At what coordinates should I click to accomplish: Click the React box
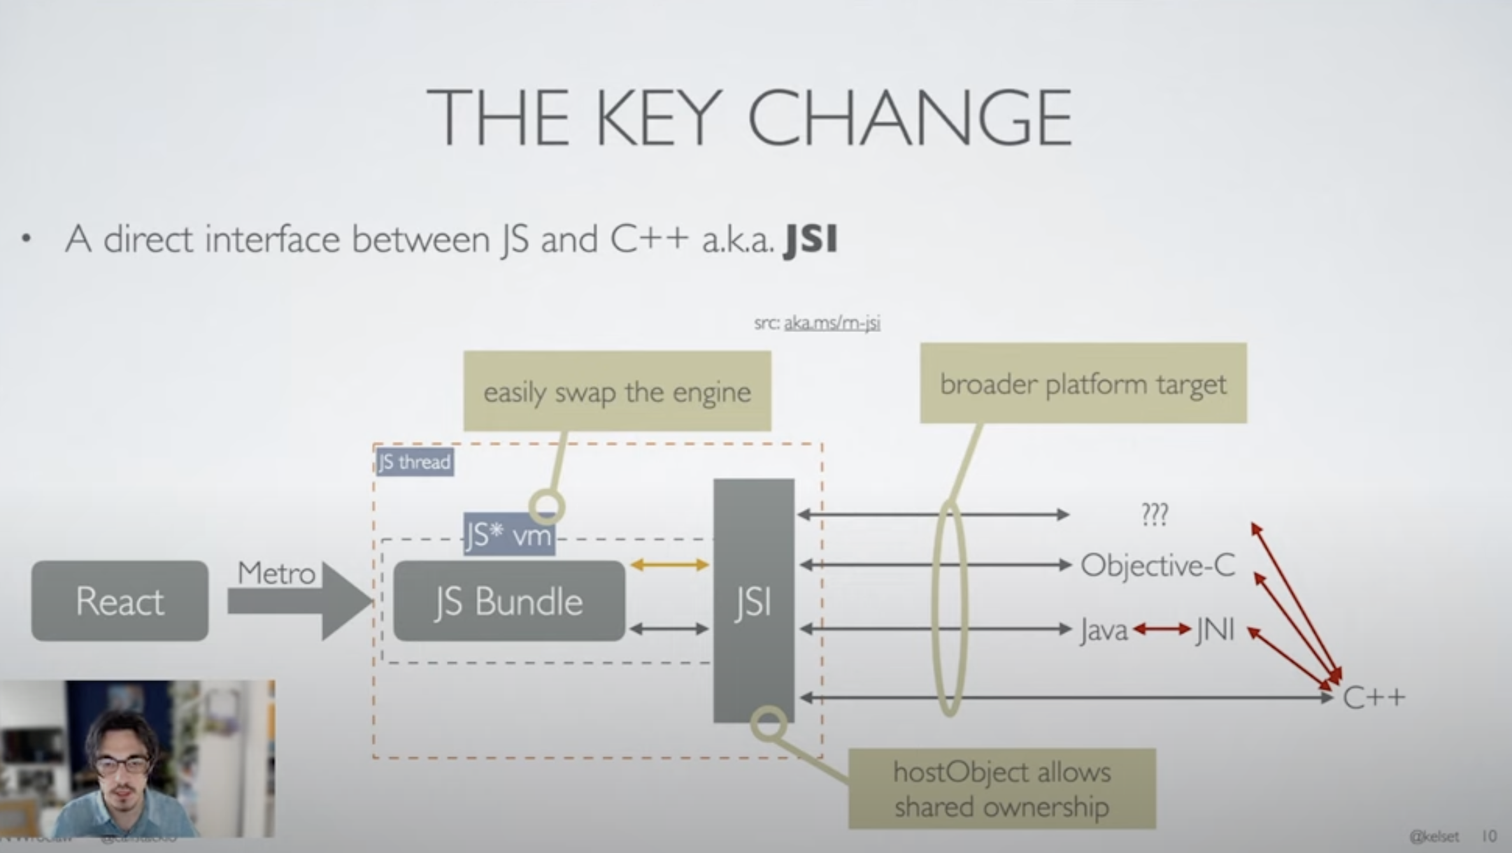click(120, 601)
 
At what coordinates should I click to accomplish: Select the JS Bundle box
click(509, 601)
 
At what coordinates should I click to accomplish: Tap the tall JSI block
click(753, 601)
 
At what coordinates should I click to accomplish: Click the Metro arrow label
click(276, 573)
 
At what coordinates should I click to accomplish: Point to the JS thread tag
click(415, 462)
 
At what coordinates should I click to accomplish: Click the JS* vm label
click(508, 536)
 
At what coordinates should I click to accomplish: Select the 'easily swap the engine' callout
click(617, 392)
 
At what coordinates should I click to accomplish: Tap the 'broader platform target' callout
click(1083, 384)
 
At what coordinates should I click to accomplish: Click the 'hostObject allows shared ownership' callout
click(1001, 789)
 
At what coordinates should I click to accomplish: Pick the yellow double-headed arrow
click(669, 564)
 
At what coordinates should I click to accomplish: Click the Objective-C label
click(1158, 565)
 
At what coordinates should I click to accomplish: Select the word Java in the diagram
click(1104, 631)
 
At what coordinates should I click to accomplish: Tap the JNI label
click(1215, 630)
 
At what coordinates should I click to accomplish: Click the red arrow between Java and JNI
click(1162, 630)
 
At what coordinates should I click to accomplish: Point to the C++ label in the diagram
click(1374, 697)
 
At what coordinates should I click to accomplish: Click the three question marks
click(1155, 515)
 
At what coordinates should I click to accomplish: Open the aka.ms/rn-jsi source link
click(832, 323)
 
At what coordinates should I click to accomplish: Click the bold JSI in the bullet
click(811, 240)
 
